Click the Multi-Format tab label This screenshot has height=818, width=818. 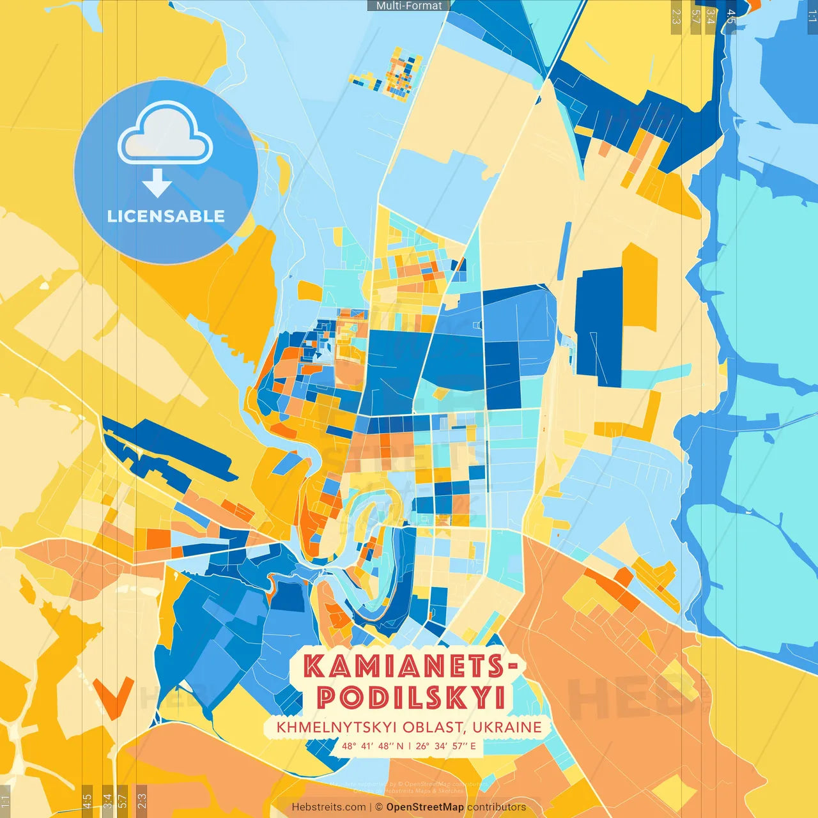tap(409, 6)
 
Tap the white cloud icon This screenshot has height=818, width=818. tap(165, 135)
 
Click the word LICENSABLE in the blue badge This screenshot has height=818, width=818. tap(166, 216)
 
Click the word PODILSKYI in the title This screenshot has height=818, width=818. tap(411, 698)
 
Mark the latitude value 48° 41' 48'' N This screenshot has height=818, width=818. tap(373, 746)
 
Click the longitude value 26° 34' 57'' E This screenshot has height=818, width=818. tap(446, 746)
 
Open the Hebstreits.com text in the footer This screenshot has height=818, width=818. tap(329, 807)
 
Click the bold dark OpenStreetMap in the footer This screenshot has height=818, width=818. tap(425, 807)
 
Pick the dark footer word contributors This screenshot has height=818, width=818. tap(497, 807)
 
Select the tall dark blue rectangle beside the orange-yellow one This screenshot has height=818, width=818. tap(599, 326)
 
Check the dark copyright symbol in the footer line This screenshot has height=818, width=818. tap(379, 807)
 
